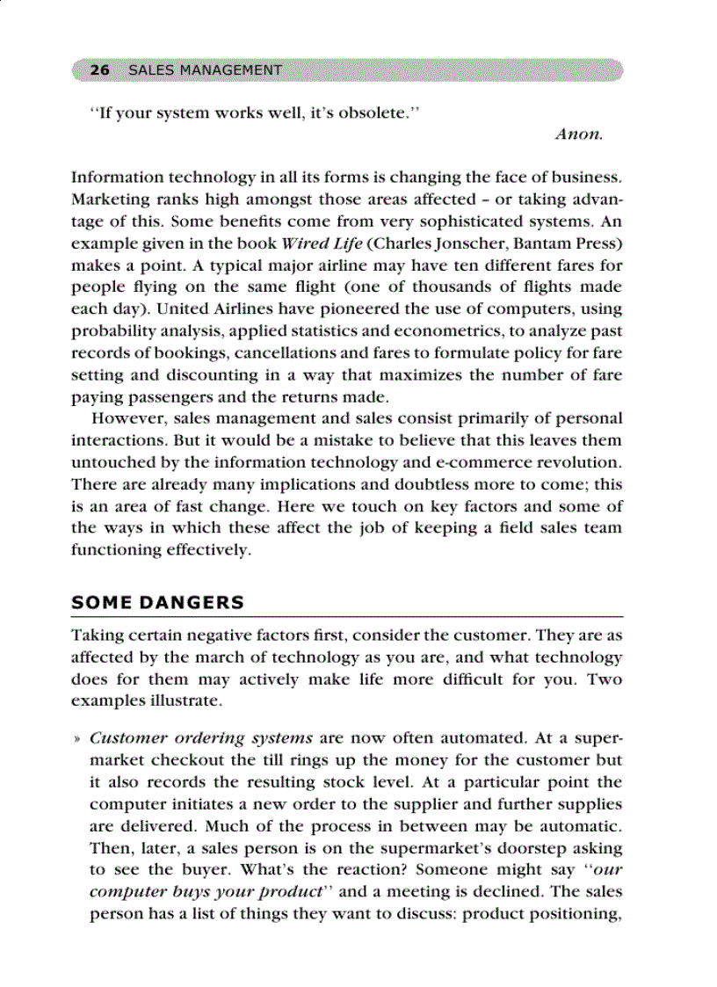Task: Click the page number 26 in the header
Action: click(99, 70)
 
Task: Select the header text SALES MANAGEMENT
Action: click(205, 70)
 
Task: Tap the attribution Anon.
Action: click(578, 134)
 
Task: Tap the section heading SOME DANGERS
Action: click(157, 603)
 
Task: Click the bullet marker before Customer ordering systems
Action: click(79, 739)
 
